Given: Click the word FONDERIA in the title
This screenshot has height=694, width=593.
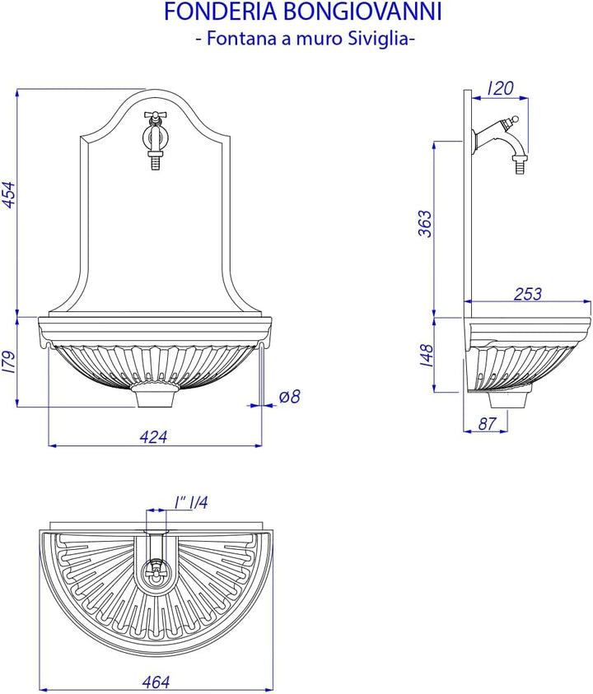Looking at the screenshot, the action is [x=220, y=12].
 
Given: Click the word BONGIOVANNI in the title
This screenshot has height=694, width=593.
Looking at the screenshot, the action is [x=362, y=12].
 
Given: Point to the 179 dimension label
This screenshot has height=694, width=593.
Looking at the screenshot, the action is [x=10, y=362].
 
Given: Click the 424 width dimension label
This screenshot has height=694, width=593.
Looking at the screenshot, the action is [x=154, y=437].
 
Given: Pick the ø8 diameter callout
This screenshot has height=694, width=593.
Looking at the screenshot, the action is [x=290, y=396].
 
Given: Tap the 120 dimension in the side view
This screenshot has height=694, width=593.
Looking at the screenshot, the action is [x=500, y=88].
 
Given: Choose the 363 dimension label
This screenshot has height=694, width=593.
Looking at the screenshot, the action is [x=425, y=224].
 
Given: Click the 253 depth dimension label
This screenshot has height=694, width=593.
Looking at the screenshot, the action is [x=528, y=294].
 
